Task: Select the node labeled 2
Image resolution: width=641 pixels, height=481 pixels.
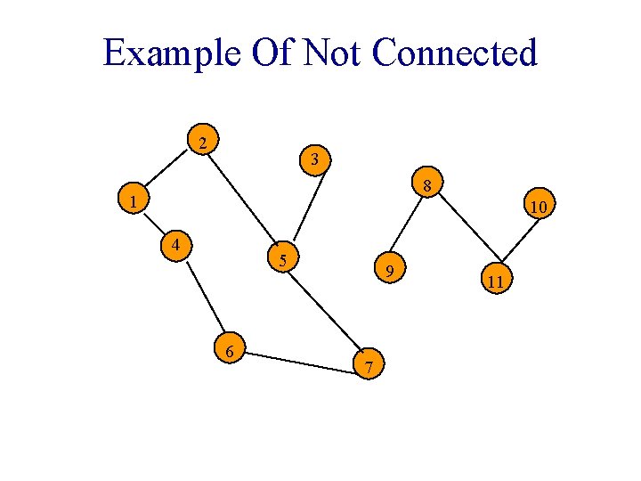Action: coord(204,143)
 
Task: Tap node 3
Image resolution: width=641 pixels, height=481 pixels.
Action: coord(315,159)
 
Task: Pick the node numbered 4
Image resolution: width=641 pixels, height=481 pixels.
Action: coord(177,244)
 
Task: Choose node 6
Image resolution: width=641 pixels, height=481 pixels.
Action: coord(230,351)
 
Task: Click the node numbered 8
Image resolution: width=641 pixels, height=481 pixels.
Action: coord(427,186)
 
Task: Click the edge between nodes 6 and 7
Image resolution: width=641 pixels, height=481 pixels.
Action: coord(299,357)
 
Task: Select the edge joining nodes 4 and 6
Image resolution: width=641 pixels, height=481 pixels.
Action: coord(204,298)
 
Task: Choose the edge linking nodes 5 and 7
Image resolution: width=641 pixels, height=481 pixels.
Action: coord(325,311)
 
